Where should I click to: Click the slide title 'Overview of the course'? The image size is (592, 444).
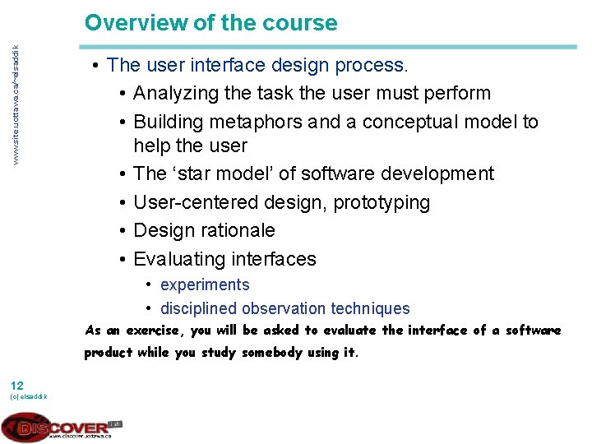[210, 22]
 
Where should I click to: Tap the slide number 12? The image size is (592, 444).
[17, 385]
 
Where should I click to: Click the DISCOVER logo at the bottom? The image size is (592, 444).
[62, 427]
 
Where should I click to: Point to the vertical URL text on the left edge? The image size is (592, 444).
[13, 102]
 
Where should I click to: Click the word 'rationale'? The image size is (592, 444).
[235, 230]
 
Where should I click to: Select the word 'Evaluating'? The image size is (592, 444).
[179, 259]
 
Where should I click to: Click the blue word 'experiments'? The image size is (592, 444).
[205, 284]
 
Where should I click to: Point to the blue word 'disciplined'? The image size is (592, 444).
[198, 309]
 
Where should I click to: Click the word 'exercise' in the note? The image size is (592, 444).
[155, 331]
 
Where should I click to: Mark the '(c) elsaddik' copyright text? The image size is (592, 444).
[28, 397]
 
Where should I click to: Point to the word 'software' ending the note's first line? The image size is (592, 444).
[533, 331]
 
